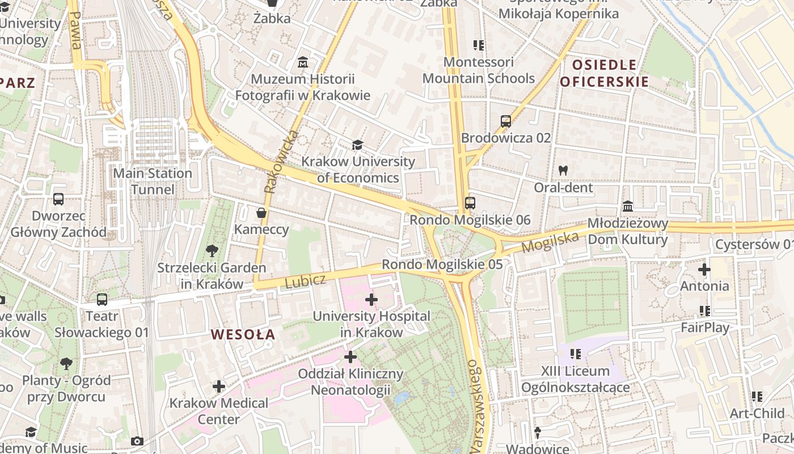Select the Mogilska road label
[x=550, y=242]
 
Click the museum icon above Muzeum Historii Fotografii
[x=303, y=62]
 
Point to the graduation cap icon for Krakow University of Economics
[x=357, y=145]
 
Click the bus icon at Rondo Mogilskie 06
[x=470, y=203]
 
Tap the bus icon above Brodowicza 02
[x=505, y=121]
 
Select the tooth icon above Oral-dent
[x=563, y=170]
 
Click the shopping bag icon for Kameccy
[x=261, y=213]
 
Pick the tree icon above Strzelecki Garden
[x=212, y=250]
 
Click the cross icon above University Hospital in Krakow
[x=371, y=299]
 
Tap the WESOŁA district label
[x=243, y=335]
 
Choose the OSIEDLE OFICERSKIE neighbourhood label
[x=604, y=73]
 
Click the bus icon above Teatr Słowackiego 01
[x=102, y=299]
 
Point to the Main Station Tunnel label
[x=153, y=181]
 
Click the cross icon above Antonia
[x=704, y=270]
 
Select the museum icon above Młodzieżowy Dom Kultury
[x=628, y=206]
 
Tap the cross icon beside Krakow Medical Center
[x=219, y=386]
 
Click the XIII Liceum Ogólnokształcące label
[x=575, y=379]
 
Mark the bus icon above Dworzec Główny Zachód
[x=58, y=199]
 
